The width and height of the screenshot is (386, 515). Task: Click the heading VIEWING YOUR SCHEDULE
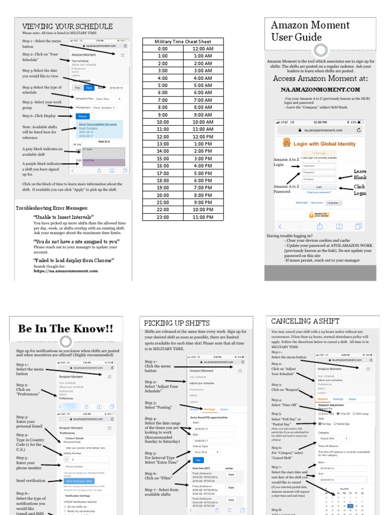(x=67, y=26)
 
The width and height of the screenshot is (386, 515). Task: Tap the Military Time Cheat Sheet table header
(x=183, y=41)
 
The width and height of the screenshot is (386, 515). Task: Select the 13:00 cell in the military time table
(x=163, y=144)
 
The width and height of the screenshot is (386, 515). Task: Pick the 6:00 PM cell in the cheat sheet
(x=203, y=181)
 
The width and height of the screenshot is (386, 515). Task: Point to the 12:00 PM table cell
(x=203, y=137)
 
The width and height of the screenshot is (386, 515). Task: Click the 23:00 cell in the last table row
(x=163, y=217)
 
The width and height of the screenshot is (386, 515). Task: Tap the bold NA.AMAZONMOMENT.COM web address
(x=320, y=90)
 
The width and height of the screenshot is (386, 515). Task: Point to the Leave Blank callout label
(x=360, y=175)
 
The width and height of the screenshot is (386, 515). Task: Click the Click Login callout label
(x=360, y=190)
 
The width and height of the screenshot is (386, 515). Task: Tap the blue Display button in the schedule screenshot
(x=82, y=116)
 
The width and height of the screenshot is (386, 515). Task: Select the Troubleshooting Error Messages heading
(x=52, y=208)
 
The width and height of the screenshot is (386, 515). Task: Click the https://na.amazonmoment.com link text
(x=66, y=271)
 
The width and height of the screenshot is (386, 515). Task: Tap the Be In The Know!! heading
(x=65, y=329)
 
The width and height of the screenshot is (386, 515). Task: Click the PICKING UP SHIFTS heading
(x=176, y=323)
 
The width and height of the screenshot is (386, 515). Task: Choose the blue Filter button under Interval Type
(x=198, y=460)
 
